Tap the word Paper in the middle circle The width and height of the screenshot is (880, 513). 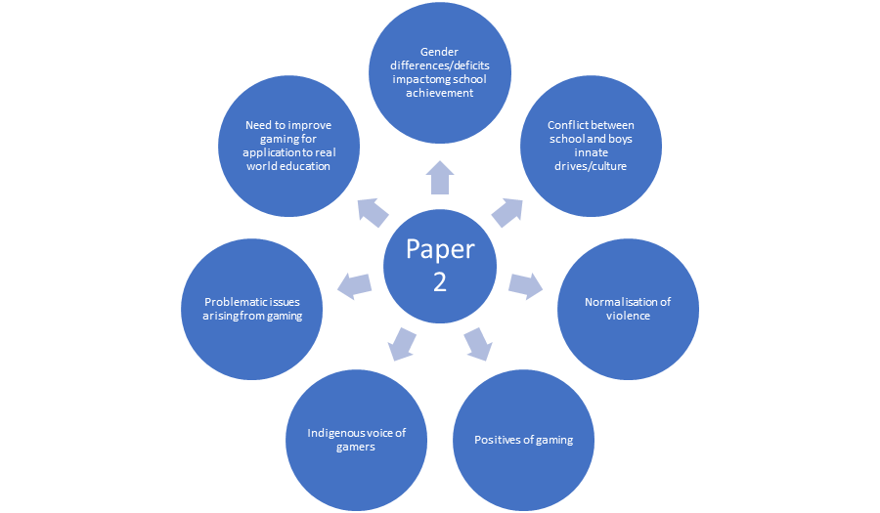(x=440, y=250)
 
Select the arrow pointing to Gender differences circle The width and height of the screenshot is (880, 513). (x=440, y=177)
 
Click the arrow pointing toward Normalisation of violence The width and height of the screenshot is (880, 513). (x=525, y=285)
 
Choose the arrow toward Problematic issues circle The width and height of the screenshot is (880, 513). (x=355, y=285)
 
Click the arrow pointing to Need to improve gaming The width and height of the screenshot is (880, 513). (x=374, y=210)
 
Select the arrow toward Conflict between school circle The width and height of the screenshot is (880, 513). (x=506, y=210)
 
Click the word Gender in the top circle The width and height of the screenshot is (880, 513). (x=440, y=51)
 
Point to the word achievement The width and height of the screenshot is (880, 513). (x=440, y=93)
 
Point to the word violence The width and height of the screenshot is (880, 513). (x=627, y=316)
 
